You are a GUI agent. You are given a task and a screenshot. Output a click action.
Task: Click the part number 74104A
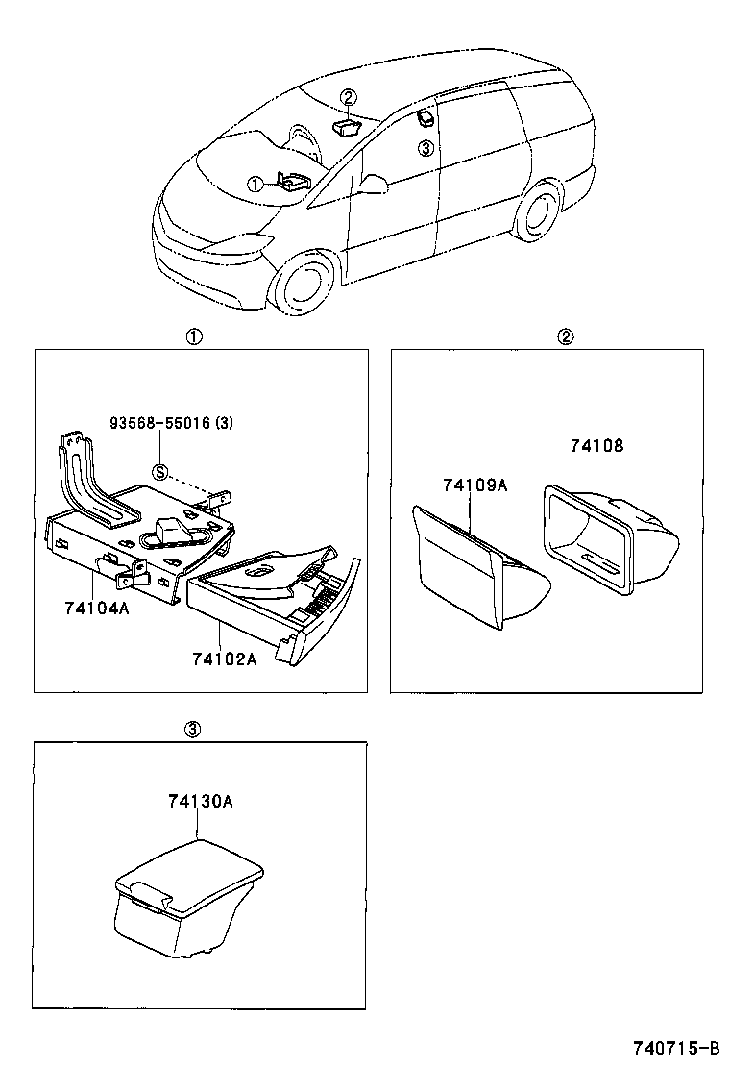[x=96, y=609]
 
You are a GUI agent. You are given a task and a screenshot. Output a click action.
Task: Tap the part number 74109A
[x=474, y=485]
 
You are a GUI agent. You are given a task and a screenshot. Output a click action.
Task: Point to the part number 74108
[x=596, y=445]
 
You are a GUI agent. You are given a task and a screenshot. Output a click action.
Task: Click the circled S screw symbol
[x=161, y=471]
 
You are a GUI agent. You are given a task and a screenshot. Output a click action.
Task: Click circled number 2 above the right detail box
[x=566, y=336]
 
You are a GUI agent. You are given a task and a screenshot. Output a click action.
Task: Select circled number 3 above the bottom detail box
[x=192, y=730]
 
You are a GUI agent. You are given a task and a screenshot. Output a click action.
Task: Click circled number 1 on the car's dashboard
[x=255, y=184]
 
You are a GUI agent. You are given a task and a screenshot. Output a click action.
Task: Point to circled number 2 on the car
[x=348, y=96]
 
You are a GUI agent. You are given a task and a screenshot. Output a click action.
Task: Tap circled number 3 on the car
[x=426, y=147]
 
